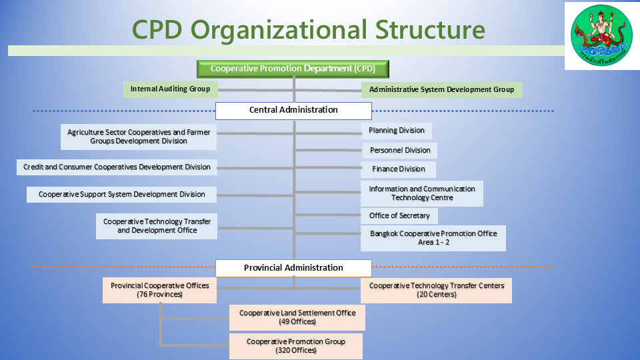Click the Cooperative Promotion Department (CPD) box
(293, 69)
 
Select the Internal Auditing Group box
(170, 89)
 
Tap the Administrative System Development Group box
(441, 89)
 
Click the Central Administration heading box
(293, 110)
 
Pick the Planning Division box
(397, 131)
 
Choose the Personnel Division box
(400, 151)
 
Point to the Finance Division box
(398, 169)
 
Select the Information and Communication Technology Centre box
(422, 193)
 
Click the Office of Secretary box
(399, 216)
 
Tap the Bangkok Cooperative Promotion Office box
(433, 238)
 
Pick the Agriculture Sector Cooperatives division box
(139, 137)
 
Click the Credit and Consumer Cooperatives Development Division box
(117, 167)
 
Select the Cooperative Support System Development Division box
(122, 195)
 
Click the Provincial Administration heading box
(293, 268)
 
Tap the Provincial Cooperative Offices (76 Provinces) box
(160, 290)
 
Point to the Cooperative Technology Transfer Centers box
(437, 290)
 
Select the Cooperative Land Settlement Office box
(297, 317)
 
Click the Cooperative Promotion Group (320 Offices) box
(296, 346)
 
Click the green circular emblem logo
(601, 36)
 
